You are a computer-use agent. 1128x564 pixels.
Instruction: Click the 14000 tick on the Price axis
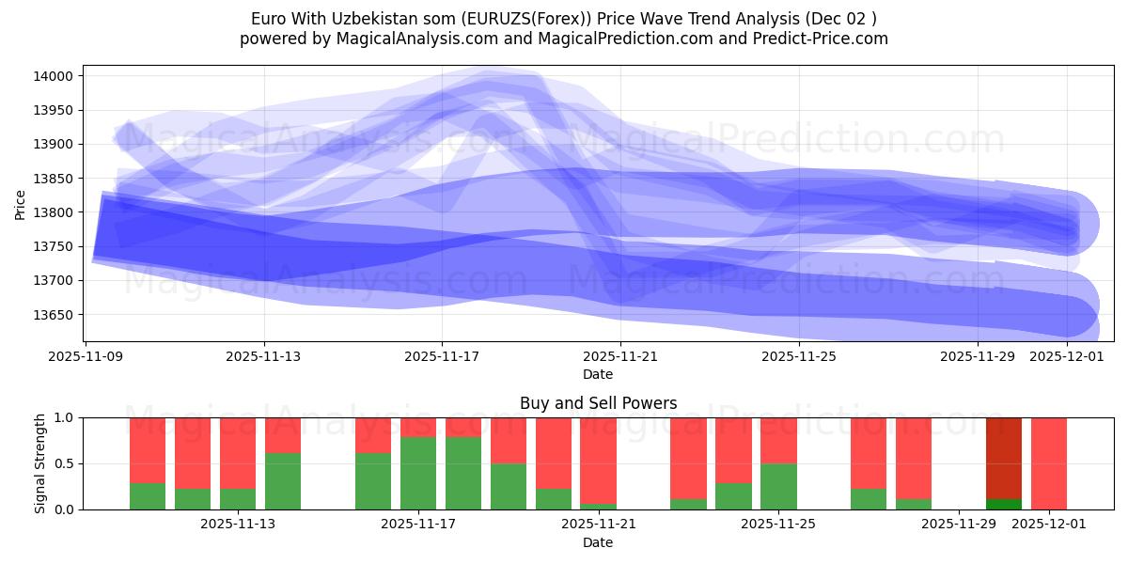point(56,76)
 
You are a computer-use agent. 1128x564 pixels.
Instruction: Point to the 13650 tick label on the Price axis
point(56,315)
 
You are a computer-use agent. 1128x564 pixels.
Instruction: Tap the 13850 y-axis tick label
point(56,179)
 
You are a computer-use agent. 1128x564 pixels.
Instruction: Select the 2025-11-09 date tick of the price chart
point(86,357)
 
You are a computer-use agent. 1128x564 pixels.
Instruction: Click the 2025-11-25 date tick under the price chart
point(799,357)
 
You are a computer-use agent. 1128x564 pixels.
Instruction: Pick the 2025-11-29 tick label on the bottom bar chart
point(958,525)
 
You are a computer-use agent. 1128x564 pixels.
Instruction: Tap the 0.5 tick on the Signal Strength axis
point(66,463)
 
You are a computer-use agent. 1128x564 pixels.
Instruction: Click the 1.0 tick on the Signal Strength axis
point(66,417)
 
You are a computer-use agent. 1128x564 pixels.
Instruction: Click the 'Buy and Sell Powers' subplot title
point(598,403)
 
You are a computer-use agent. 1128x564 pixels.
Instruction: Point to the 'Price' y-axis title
point(22,203)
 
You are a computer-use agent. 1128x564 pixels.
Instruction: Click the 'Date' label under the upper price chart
point(598,374)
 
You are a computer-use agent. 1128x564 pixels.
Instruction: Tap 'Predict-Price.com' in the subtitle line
point(824,39)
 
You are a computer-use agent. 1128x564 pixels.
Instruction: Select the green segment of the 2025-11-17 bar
point(418,473)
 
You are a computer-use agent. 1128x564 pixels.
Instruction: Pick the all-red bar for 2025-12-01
point(1049,463)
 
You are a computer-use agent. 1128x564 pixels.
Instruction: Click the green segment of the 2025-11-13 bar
point(283,481)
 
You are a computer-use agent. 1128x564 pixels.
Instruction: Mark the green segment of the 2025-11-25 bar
point(779,486)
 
